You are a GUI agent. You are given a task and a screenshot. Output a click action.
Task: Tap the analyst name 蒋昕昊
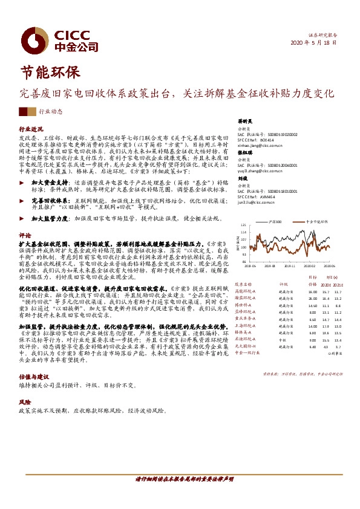tap(244, 121)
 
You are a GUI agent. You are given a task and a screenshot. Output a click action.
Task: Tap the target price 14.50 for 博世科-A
tap(312, 306)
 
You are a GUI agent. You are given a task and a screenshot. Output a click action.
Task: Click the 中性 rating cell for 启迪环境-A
tap(281, 340)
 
